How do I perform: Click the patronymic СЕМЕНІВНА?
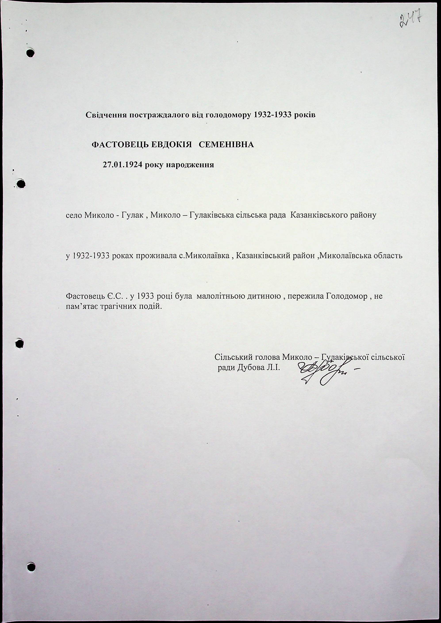[226, 145]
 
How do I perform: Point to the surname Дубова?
[251, 368]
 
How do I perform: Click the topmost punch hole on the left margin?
[31, 52]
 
